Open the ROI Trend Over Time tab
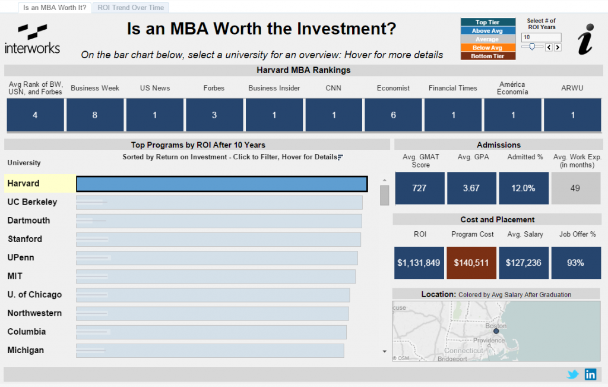pos(131,8)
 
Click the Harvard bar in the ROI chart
pos(222,184)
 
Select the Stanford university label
pos(25,239)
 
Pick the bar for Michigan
pos(210,351)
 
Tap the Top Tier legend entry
pos(488,22)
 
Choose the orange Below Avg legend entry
pos(488,48)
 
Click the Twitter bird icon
pos(573,374)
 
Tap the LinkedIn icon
pos(591,374)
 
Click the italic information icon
pos(585,39)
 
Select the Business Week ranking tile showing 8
pos(95,115)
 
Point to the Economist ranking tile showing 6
pos(393,115)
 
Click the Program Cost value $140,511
pos(471,263)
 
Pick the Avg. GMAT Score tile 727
pos(420,188)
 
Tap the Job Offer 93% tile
pos(576,263)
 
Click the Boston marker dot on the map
pos(496,331)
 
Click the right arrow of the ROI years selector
pos(558,48)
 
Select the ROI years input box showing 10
pos(541,37)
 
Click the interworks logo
pos(33,39)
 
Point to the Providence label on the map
pos(489,341)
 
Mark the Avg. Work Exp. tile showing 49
pos(576,188)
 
